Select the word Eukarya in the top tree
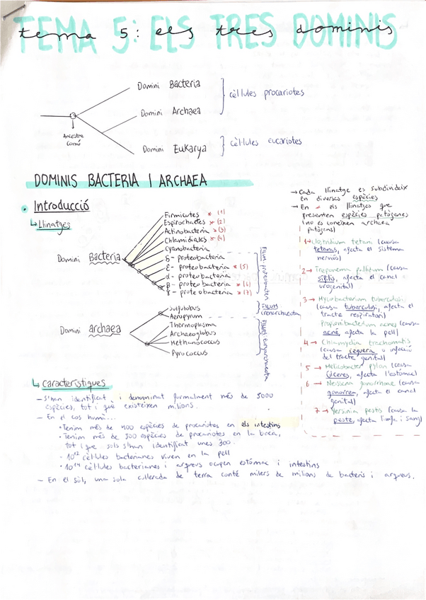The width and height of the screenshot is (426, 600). (190, 149)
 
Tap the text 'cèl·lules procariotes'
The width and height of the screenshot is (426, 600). (266, 93)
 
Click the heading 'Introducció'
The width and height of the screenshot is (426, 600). (62, 207)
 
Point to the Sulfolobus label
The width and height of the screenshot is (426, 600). (185, 308)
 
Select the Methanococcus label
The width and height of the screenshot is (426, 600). (195, 342)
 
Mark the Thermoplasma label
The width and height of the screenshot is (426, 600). (193, 325)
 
